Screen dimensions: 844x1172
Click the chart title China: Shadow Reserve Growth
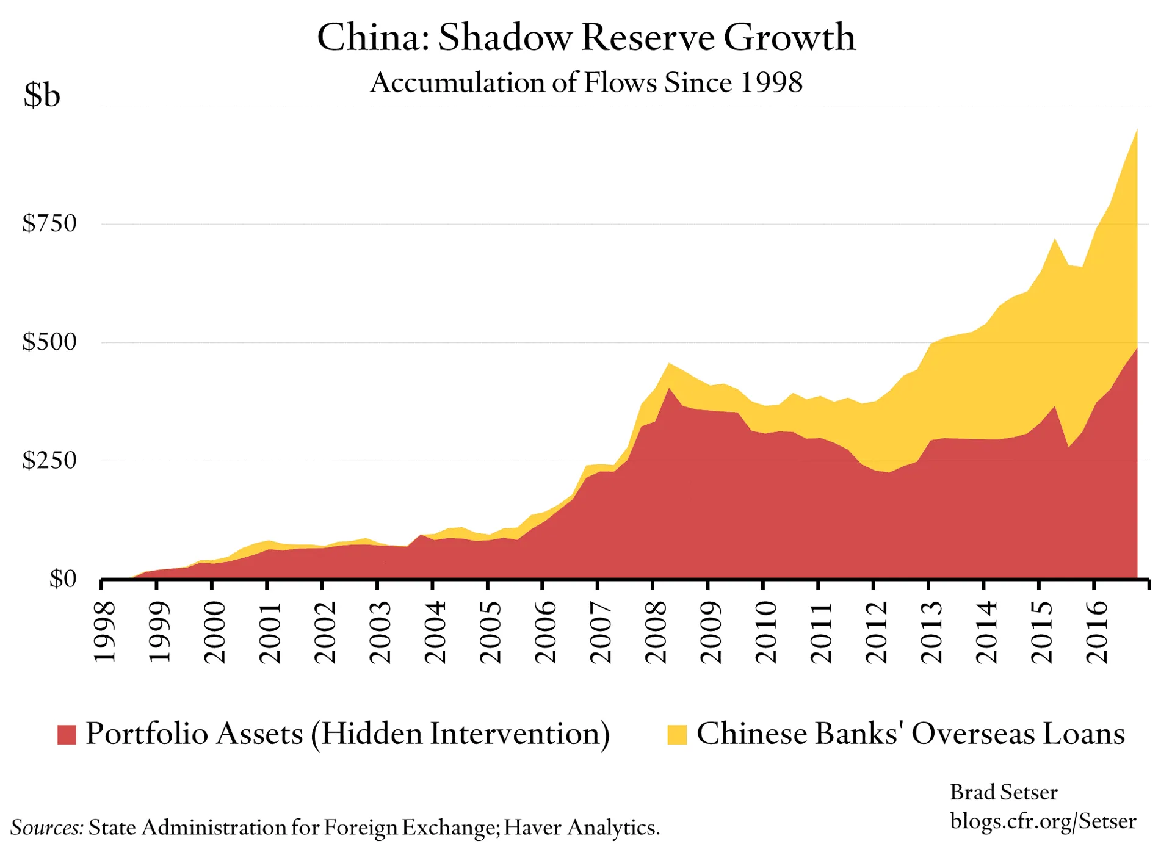coord(586,38)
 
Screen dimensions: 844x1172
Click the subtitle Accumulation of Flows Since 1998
coord(586,82)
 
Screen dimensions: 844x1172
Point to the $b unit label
coord(42,95)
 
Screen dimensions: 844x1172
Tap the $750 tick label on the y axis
coord(49,223)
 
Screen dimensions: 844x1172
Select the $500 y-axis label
coord(49,342)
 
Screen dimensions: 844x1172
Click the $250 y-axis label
coord(49,460)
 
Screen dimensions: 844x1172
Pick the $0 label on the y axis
coord(63,579)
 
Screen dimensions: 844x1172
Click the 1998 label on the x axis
coord(105,632)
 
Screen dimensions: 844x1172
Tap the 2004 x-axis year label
coord(436,632)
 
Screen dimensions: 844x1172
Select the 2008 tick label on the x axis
coord(657,632)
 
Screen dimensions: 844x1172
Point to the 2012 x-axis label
coord(877,632)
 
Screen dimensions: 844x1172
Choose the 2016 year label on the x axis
coord(1098,632)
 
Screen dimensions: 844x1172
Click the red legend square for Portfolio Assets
coord(67,734)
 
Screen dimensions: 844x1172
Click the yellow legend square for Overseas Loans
coord(677,734)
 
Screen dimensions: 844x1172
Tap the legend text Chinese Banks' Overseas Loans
coord(911,734)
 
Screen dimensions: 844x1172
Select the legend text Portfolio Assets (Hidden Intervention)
coord(348,734)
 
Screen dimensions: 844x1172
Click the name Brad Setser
coord(1004,792)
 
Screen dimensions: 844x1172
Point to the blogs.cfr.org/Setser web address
coord(1043,821)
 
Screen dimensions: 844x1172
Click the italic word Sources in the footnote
coord(47,828)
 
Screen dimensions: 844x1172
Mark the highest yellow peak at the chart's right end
coord(1136,131)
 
